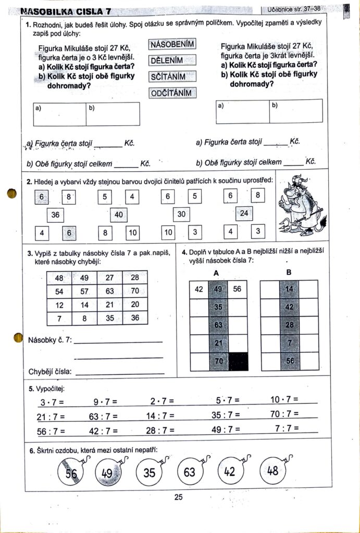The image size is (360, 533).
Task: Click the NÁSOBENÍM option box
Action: point(172,44)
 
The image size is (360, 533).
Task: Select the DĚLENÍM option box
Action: point(172,60)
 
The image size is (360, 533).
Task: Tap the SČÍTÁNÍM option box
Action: point(172,77)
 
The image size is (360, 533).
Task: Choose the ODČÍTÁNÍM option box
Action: point(172,93)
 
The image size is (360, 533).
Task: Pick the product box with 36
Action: point(55,214)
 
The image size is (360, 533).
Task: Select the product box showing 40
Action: point(119,214)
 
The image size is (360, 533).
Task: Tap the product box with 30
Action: point(181,214)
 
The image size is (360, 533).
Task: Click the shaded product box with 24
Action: point(244,213)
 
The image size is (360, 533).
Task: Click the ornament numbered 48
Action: point(272,471)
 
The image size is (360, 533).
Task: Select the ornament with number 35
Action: point(150,473)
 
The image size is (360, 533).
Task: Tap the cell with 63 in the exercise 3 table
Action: point(110,291)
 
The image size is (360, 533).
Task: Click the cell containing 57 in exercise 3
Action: point(84,291)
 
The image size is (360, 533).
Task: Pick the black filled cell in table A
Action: point(238,361)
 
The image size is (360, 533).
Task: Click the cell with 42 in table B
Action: point(289,307)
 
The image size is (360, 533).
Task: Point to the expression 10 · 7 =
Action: point(284,400)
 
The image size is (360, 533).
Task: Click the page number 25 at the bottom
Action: point(179,497)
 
